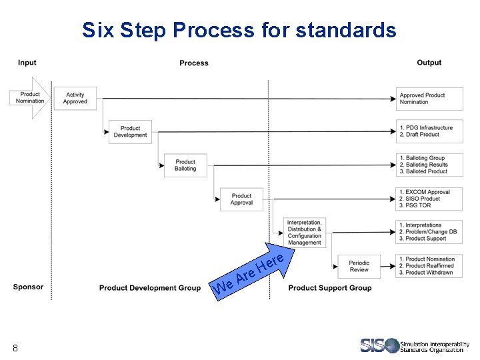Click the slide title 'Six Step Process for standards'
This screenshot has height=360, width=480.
tap(239, 30)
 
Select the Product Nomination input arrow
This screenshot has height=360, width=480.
tap(30, 98)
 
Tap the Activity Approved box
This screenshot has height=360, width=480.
tap(75, 99)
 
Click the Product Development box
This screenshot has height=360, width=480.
tap(131, 132)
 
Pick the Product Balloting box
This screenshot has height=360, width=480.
tap(185, 165)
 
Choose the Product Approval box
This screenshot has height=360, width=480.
tap(241, 199)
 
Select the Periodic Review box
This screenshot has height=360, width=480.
tap(359, 266)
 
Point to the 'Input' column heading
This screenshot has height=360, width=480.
tap(27, 63)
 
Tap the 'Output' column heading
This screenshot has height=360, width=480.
tap(429, 63)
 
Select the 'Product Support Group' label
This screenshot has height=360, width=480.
tap(330, 288)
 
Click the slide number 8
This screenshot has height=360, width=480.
tap(15, 348)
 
